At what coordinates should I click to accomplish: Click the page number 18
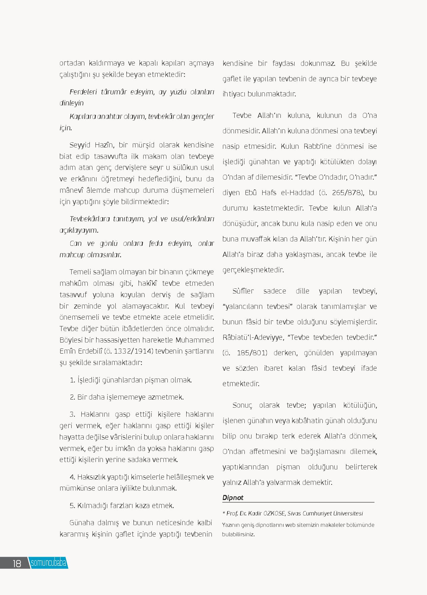point(17,563)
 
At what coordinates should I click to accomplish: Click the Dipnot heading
point(233,498)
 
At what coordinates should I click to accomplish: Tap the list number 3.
point(72,414)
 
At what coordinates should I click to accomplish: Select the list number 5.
point(72,506)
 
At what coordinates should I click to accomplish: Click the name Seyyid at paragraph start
point(80,145)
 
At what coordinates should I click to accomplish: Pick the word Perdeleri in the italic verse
point(83,92)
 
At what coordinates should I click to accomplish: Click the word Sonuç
point(242,405)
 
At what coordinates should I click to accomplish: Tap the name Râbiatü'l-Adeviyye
point(253,337)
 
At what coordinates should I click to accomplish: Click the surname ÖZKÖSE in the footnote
point(274,513)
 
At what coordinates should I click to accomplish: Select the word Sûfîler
point(243,291)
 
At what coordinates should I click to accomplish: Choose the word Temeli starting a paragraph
point(79,272)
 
